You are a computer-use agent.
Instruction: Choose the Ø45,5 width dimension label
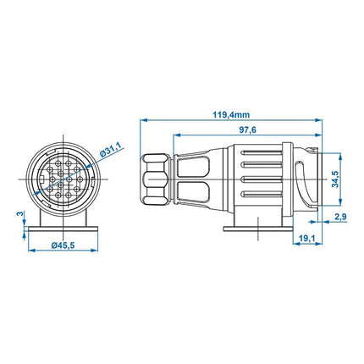(x=63, y=245)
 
